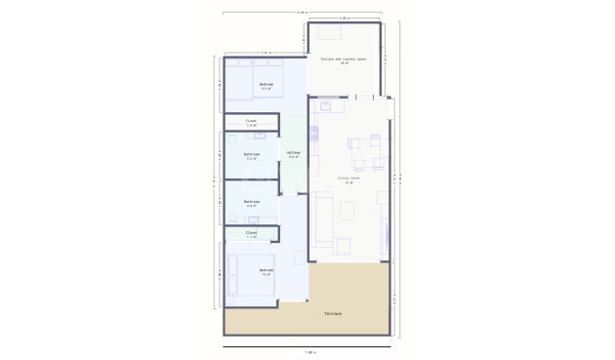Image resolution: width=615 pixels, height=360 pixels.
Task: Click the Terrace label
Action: pyautogui.click(x=332, y=313)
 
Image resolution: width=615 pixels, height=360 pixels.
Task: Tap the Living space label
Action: pyautogui.click(x=348, y=180)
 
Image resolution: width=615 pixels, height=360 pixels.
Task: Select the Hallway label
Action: pyautogui.click(x=293, y=154)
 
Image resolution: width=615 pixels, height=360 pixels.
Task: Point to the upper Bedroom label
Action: pyautogui.click(x=266, y=86)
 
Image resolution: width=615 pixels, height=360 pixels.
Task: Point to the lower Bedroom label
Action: pyautogui.click(x=266, y=271)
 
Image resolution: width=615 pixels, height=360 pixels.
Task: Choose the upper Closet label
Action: pyautogui.click(x=251, y=123)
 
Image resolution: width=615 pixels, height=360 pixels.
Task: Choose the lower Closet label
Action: pyautogui.click(x=251, y=234)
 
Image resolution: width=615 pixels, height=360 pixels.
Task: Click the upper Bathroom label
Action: pyautogui.click(x=251, y=155)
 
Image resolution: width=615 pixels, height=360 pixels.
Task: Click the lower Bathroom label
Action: pyautogui.click(x=251, y=204)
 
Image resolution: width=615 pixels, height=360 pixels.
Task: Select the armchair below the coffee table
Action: pyautogui.click(x=343, y=244)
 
